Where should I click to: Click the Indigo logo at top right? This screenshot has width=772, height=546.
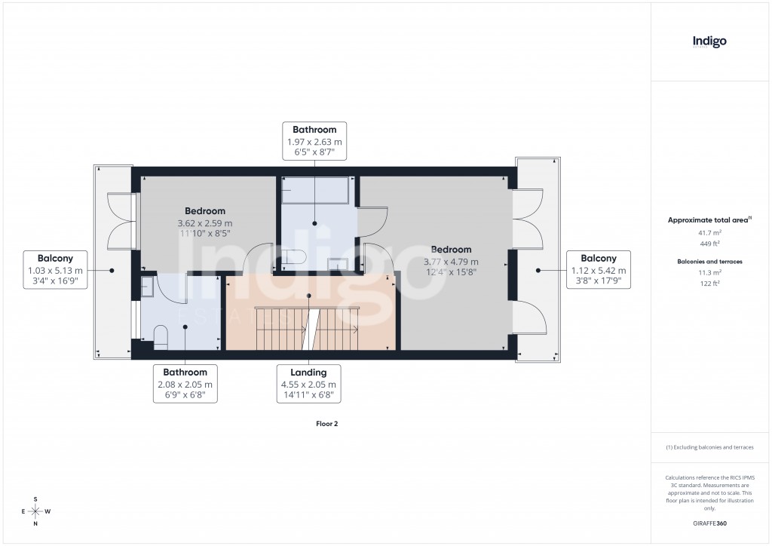click(709, 41)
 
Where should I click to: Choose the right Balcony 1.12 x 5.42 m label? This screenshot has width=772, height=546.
click(598, 270)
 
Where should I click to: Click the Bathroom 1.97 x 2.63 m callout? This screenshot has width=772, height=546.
click(314, 140)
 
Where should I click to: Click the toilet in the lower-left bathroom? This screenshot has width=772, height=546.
click(160, 336)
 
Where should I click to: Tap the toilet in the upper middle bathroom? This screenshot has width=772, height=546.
click(293, 257)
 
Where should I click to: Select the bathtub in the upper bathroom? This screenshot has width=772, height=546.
click(314, 191)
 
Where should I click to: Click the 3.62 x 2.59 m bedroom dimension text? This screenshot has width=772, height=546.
click(204, 223)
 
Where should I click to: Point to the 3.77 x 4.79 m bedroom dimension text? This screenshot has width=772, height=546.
click(450, 262)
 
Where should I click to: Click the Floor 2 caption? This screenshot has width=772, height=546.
click(326, 424)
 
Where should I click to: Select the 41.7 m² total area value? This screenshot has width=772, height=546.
click(709, 233)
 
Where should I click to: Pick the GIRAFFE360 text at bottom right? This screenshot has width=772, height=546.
click(709, 523)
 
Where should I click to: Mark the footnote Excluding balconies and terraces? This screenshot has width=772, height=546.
click(709, 447)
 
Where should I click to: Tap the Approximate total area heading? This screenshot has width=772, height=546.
click(708, 220)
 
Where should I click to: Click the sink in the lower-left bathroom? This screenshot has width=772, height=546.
click(148, 287)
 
